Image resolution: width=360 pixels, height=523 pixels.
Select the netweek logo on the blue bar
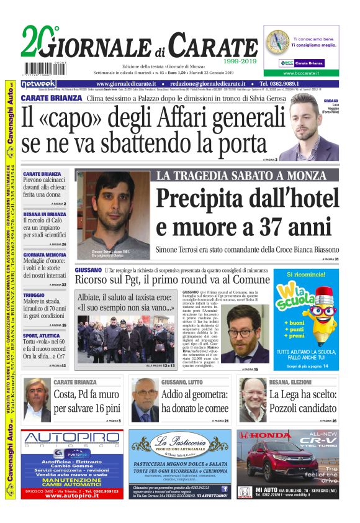click(x=38, y=84)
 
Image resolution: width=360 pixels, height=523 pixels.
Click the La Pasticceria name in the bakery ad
click(x=179, y=443)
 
